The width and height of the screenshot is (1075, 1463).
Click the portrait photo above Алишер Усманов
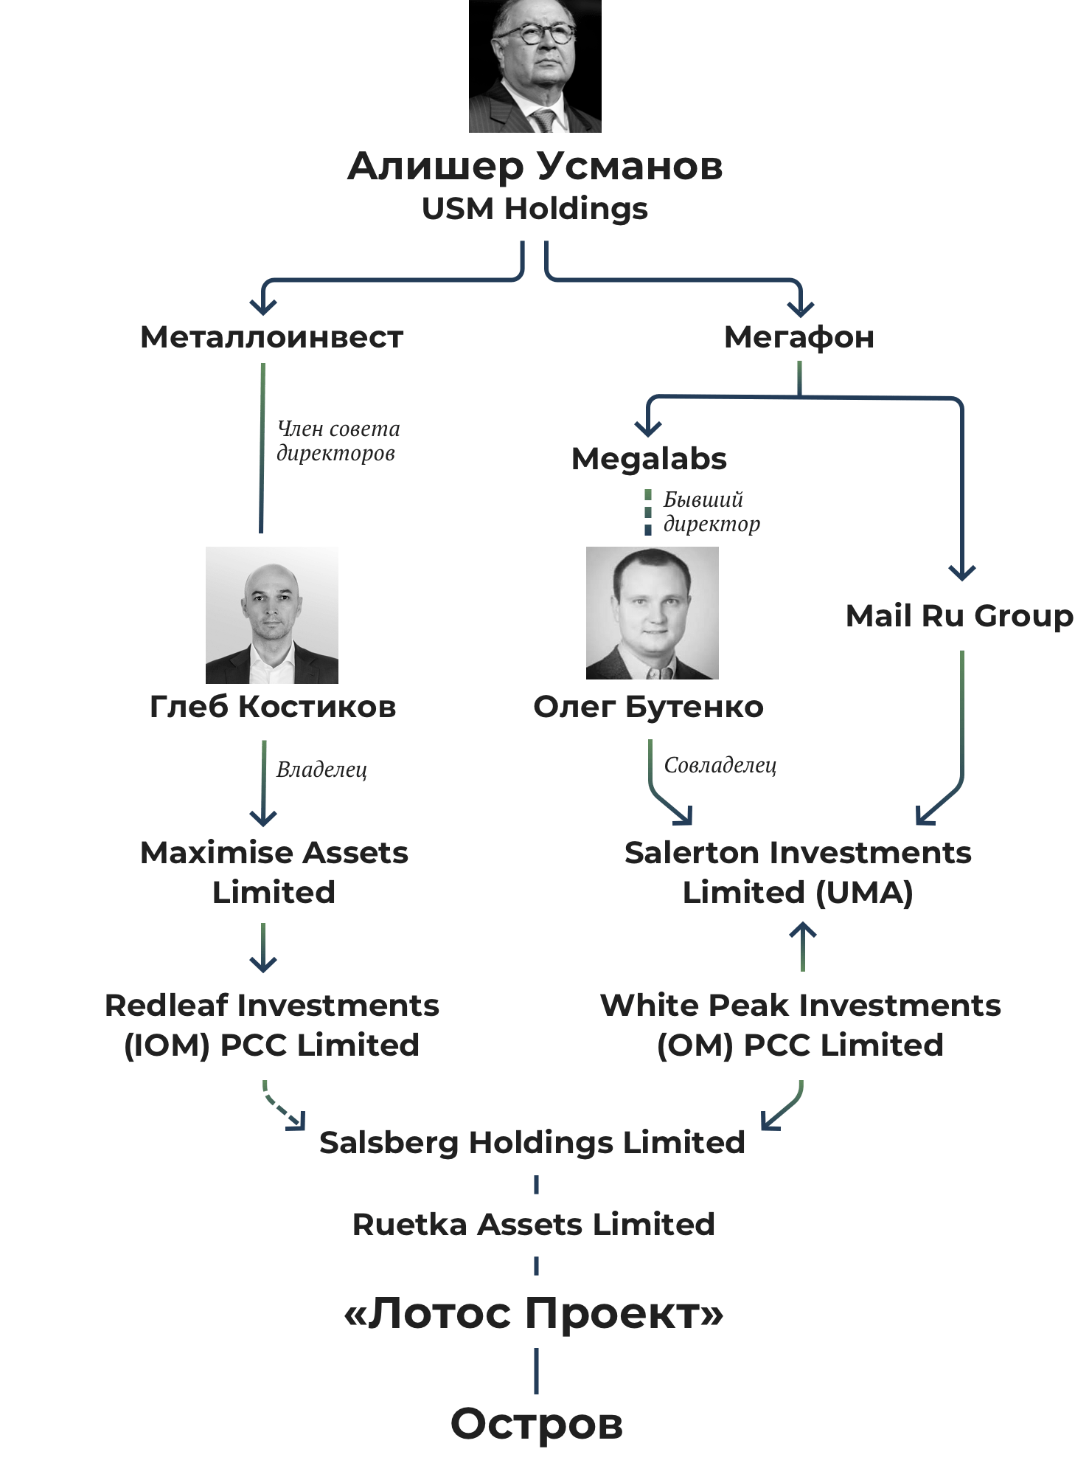click(535, 66)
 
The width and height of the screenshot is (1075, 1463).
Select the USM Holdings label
click(535, 209)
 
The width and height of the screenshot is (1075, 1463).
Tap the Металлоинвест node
click(271, 337)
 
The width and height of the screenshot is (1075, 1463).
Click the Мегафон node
click(799, 337)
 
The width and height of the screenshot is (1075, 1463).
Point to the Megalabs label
click(649, 459)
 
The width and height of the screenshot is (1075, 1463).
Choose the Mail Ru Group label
click(959, 616)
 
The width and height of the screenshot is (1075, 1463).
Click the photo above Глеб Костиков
click(271, 615)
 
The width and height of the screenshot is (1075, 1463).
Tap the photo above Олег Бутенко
click(652, 612)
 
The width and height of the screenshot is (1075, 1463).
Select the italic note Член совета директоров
click(338, 440)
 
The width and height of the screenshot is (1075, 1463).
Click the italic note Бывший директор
click(711, 511)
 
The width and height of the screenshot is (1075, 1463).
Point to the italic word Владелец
click(321, 769)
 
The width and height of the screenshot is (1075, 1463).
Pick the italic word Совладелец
click(720, 765)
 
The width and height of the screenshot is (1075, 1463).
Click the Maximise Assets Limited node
click(274, 872)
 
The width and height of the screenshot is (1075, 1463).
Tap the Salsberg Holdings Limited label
click(532, 1142)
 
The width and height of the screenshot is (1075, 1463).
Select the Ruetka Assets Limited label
click(533, 1224)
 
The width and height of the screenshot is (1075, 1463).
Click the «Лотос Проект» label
click(534, 1313)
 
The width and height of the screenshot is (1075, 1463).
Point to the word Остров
click(536, 1423)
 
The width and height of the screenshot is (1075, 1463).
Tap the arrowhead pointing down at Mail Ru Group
click(961, 573)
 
